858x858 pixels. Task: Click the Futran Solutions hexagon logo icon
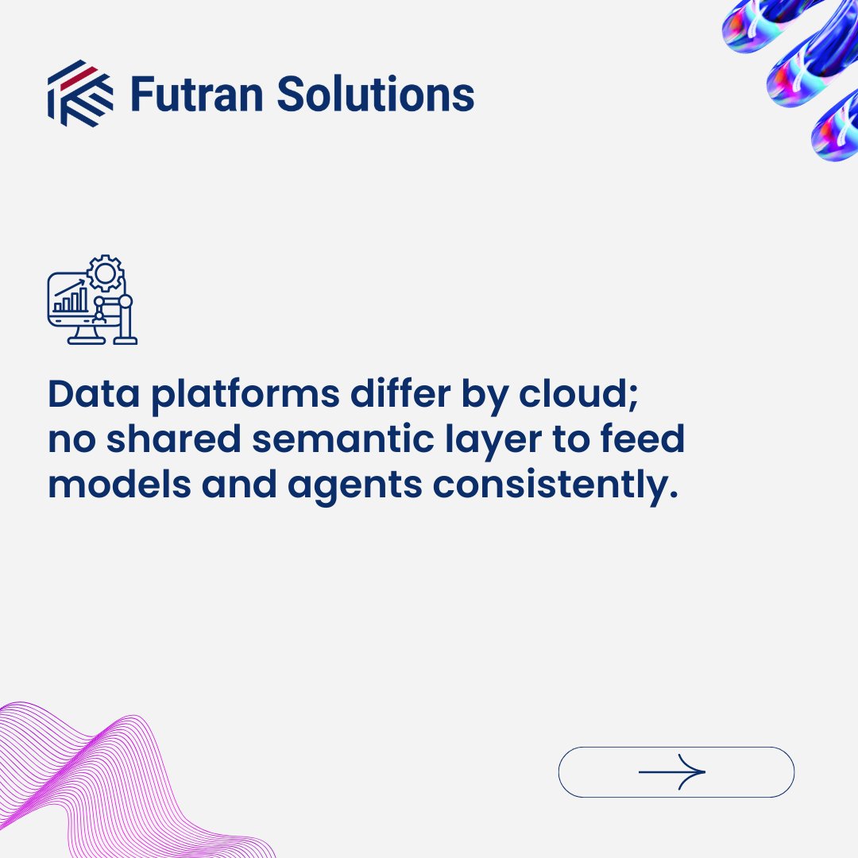click(79, 94)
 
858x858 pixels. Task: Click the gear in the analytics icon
click(105, 274)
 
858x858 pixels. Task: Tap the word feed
click(642, 441)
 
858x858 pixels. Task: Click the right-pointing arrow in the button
click(672, 771)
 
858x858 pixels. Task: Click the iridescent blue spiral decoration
click(802, 71)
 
